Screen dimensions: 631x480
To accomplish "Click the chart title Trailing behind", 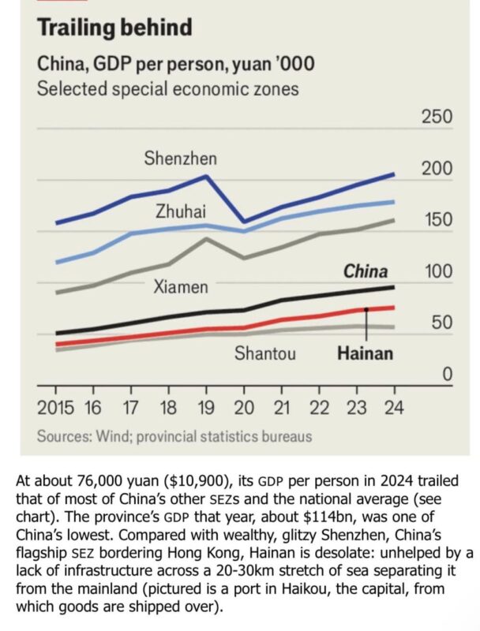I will [x=115, y=28].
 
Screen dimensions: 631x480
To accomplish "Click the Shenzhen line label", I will [x=180, y=159].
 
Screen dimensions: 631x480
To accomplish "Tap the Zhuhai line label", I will [x=180, y=211].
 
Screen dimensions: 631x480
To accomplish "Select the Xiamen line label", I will [x=181, y=286].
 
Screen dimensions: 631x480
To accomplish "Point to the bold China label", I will [x=365, y=271].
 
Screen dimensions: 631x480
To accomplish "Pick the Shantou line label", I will [x=265, y=353].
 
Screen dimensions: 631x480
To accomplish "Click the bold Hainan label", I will [x=365, y=353].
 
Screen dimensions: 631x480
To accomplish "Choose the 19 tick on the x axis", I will [x=206, y=408].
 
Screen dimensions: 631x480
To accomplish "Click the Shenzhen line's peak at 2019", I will [x=206, y=176].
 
